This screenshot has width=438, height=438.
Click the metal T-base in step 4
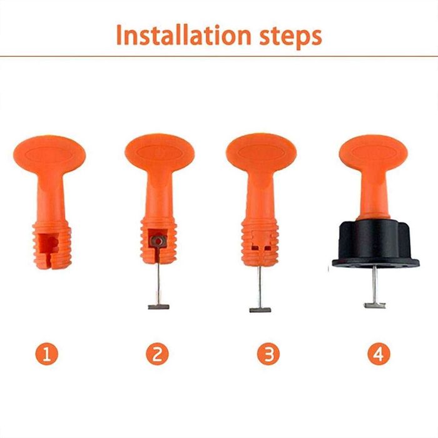pos(374,305)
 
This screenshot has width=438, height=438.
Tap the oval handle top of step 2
pos(160,153)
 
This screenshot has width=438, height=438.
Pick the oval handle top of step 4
pos(374,153)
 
